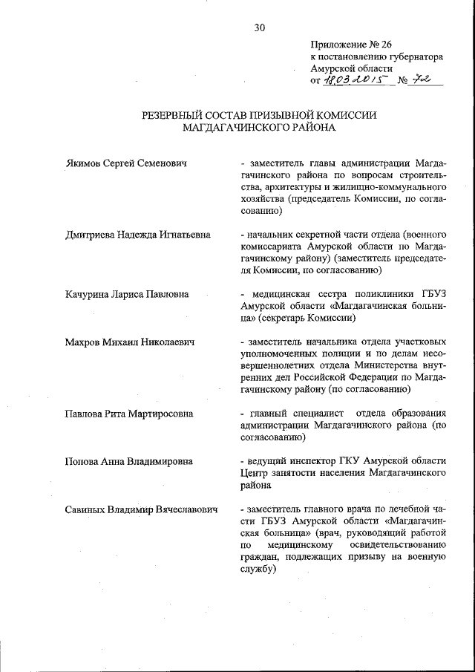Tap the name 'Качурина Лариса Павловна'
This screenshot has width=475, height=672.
point(127,294)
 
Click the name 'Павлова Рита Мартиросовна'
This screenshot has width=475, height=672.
point(130,413)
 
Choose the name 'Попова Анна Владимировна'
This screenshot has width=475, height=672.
point(129,461)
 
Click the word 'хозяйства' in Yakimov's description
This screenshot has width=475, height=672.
point(263,199)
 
